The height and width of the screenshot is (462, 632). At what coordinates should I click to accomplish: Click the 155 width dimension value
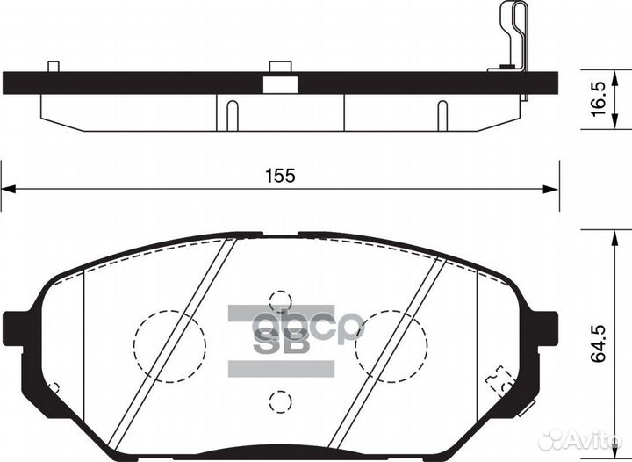point(280,175)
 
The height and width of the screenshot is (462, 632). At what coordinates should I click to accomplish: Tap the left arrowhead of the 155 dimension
point(7,187)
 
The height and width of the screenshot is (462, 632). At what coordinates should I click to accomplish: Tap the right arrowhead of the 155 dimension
point(552,187)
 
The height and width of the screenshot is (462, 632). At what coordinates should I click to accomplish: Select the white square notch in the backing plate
point(280,83)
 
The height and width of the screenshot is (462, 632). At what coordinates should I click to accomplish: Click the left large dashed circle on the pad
point(169,345)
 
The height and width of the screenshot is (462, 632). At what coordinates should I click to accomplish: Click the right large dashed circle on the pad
point(391,345)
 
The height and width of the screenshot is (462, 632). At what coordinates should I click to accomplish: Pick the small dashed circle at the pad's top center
point(280,301)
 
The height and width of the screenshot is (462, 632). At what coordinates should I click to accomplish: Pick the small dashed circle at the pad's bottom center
point(280,401)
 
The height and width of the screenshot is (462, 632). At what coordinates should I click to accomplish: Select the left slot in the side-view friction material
point(232,114)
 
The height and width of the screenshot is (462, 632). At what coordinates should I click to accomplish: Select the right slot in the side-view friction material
point(442,114)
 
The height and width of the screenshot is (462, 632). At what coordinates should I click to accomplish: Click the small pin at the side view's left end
point(54,66)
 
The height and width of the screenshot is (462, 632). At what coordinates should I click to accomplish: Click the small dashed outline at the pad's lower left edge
point(54,387)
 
